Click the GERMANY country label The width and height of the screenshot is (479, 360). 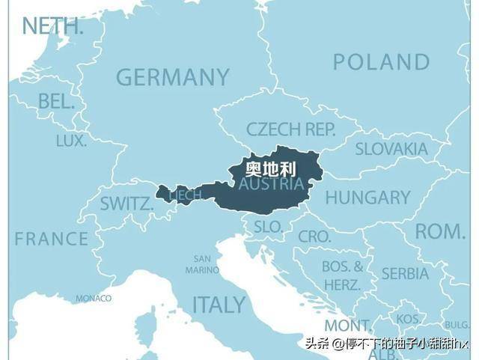coord(172,77)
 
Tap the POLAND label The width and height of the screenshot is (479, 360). coord(382,62)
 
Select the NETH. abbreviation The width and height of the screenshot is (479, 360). coord(52,25)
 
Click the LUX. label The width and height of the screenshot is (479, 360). coord(71,141)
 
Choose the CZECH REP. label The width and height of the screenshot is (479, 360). coord(291,129)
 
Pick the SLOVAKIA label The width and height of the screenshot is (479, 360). coord(391,149)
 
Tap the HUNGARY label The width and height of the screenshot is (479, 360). coord(367,198)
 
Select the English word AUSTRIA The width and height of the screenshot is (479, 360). coord(271,184)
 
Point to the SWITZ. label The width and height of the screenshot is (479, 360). coord(126,203)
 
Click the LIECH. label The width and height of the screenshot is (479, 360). coord(185,195)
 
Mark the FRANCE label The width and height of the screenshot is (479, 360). coord(51,239)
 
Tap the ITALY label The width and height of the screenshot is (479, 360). coord(219,305)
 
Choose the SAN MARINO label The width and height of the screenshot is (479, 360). coord(202,263)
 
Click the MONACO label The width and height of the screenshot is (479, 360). coord(93,299)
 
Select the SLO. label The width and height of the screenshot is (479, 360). coord(268,226)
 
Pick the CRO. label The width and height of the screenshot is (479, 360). coord(314,237)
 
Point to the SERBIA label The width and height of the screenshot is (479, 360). coord(405,273)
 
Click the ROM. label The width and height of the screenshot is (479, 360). coord(440,231)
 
